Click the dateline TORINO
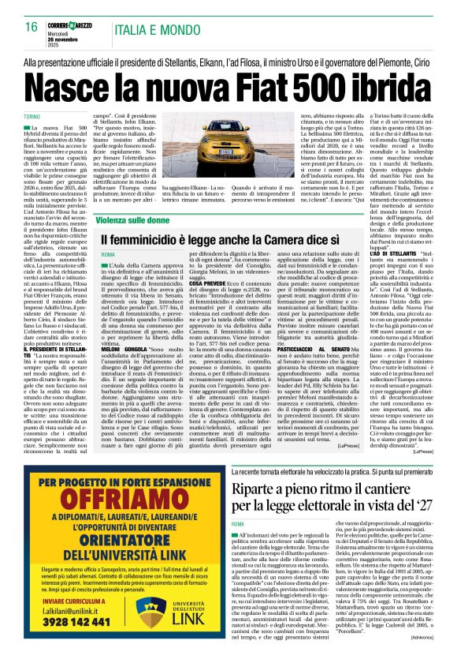point(32,118)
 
